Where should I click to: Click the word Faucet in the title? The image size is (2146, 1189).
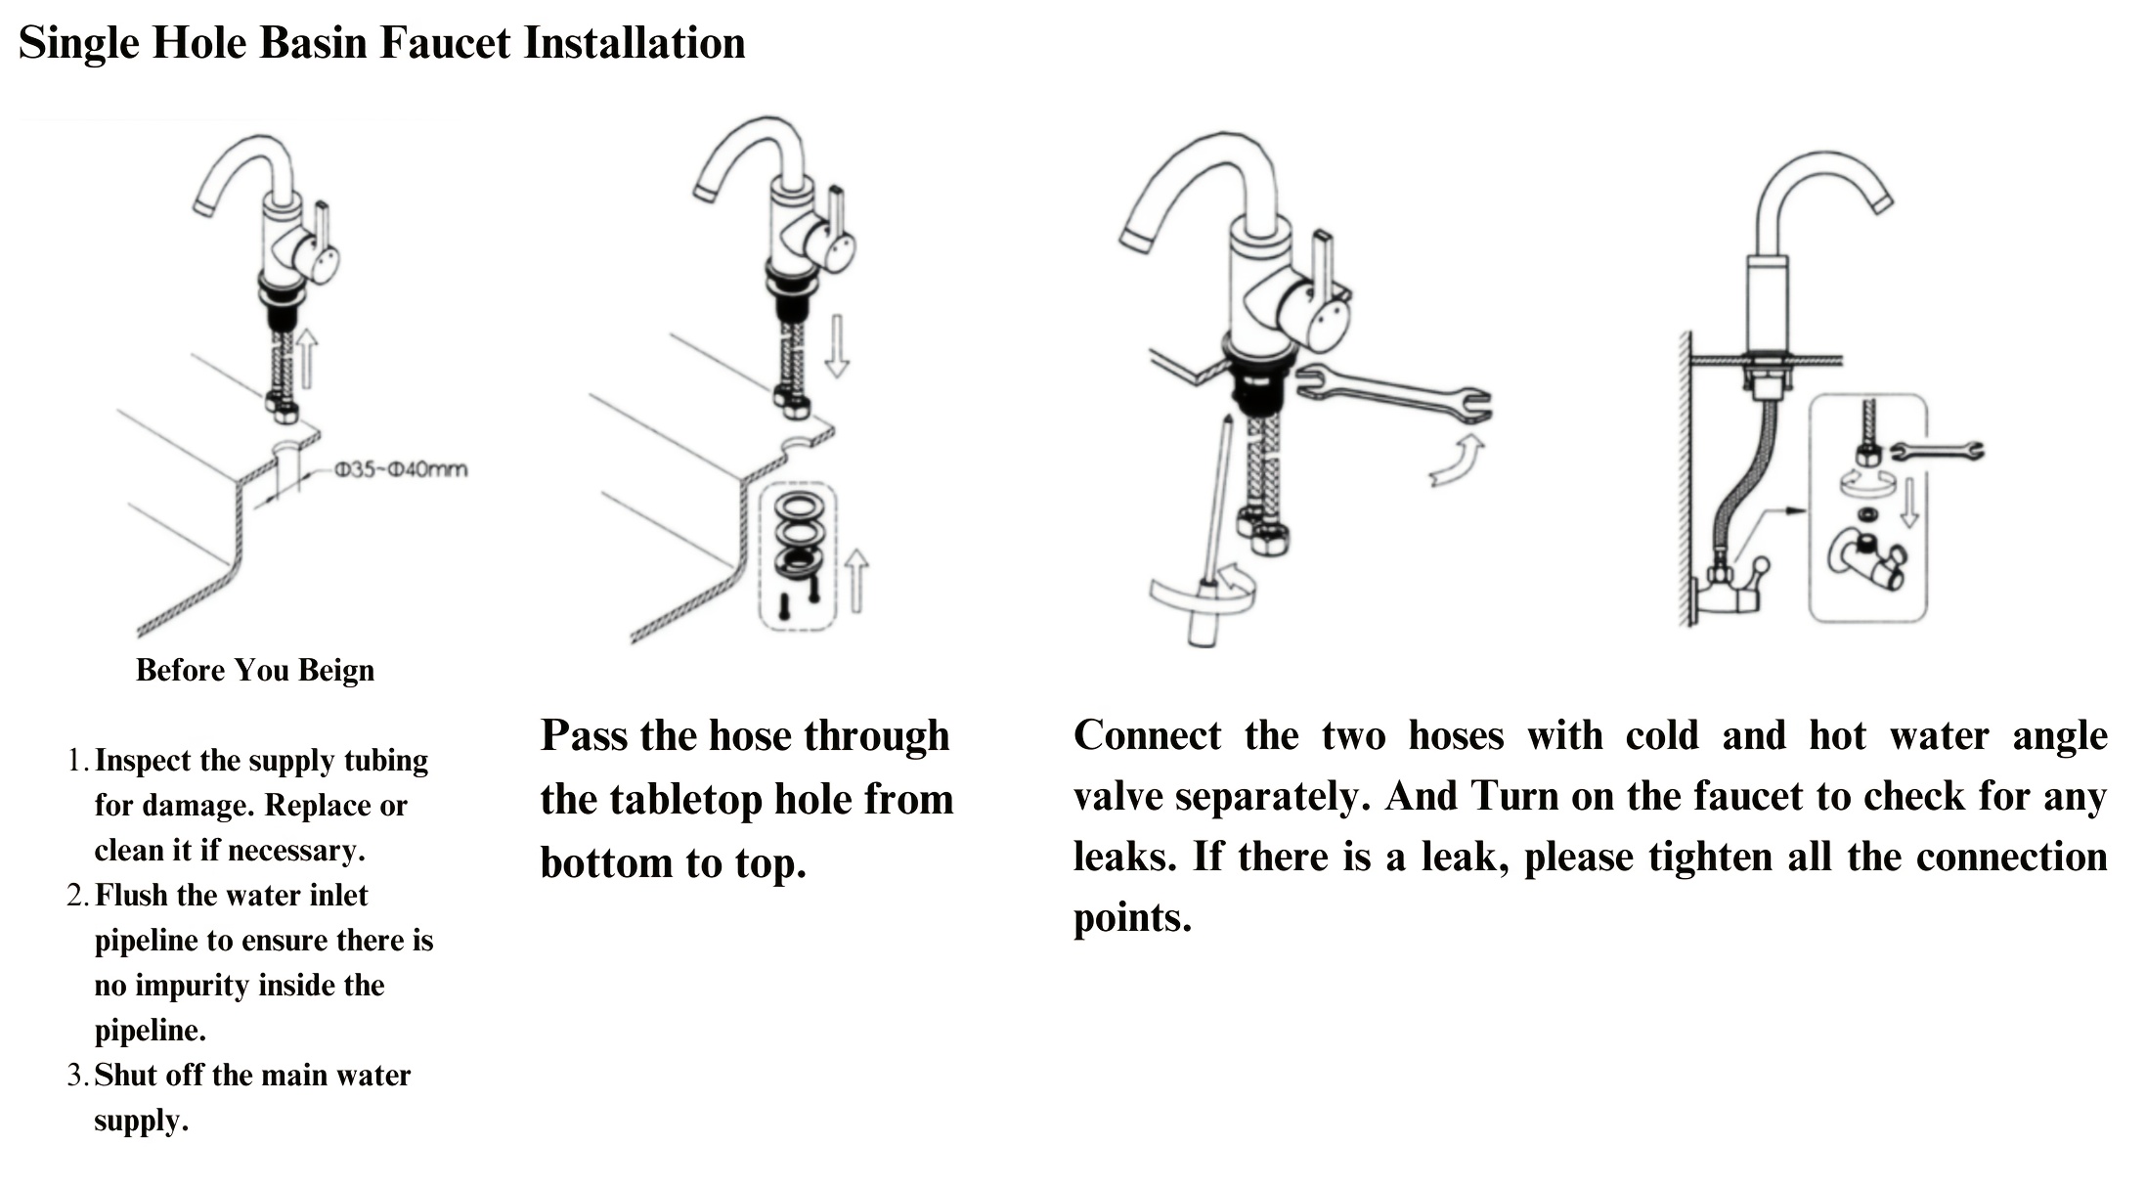coord(445,44)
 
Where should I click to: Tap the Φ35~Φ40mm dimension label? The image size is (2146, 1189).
coord(401,470)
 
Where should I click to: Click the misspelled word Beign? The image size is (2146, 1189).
coord(336,672)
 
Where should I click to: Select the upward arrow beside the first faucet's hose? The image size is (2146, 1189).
coord(307,357)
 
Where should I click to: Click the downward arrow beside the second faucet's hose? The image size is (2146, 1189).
coord(836,346)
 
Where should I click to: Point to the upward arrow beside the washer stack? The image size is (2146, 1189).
coord(856,581)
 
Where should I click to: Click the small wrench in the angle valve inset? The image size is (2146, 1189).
coord(1936,451)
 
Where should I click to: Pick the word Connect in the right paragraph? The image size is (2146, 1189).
coord(1148,736)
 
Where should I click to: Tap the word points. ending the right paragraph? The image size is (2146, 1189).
coord(1132,919)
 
